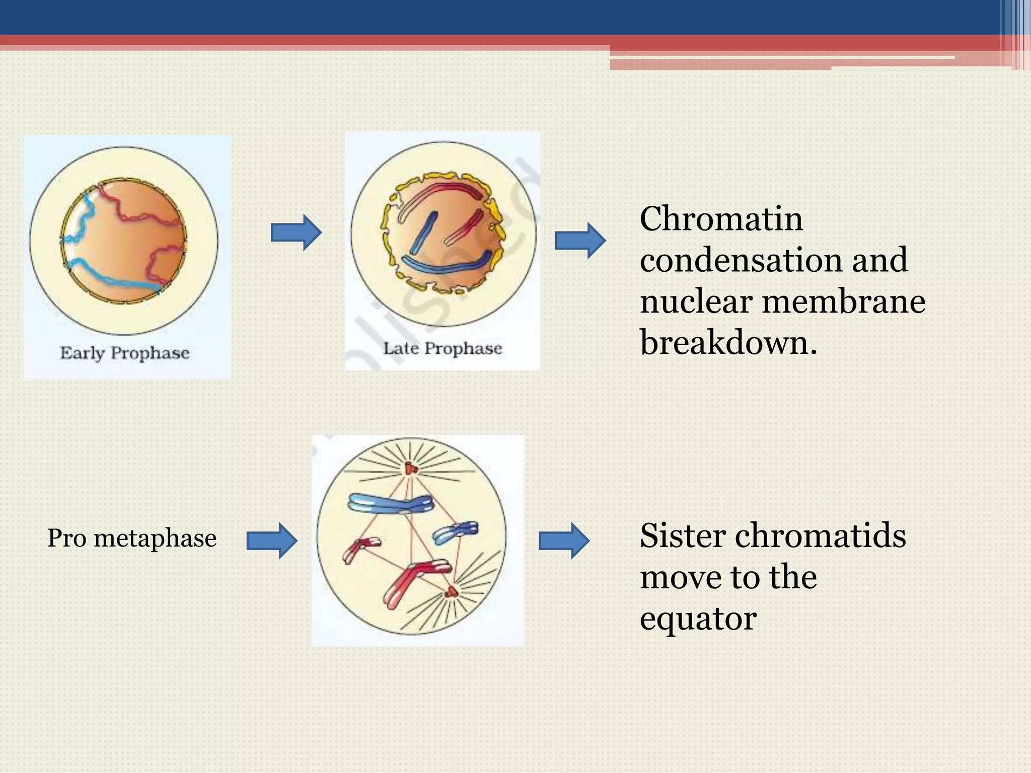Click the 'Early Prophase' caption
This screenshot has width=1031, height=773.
coord(125,353)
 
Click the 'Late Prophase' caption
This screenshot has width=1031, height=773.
coord(443,348)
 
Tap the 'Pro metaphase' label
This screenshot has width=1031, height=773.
coord(132,538)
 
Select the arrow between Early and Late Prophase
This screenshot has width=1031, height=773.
coord(296,233)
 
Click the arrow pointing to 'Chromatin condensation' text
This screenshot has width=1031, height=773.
coord(580,241)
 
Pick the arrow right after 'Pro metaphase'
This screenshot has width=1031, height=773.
coord(272,540)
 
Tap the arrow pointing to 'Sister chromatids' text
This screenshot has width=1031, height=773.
coord(564,540)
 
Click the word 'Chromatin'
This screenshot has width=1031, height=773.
coord(721,219)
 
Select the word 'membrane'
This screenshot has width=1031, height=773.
coord(844,302)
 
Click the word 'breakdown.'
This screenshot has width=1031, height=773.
coord(728,343)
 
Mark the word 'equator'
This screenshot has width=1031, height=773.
coord(698,619)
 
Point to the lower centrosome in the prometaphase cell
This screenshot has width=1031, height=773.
coord(451,592)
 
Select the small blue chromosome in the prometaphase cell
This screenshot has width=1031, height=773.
coord(456,532)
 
